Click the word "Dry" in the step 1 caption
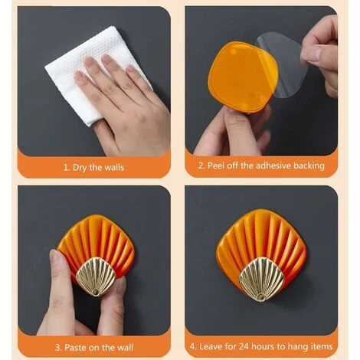pos(80,168)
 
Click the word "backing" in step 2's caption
pos(309,166)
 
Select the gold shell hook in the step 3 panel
pos(96,277)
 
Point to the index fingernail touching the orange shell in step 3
pos(55,256)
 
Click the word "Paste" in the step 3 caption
pos(74,348)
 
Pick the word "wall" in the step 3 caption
pos(125,348)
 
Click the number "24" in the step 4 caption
pos(244,346)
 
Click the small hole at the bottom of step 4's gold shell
pos(260,297)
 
